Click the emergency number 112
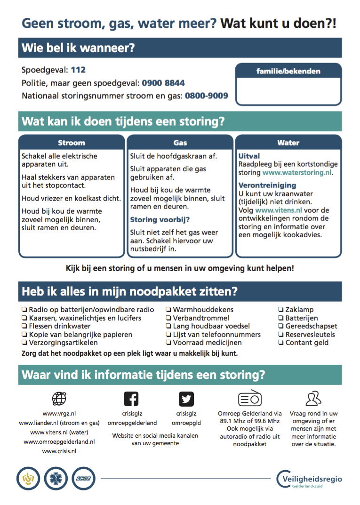click(78, 70)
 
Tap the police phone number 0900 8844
click(163, 83)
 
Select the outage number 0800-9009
click(206, 96)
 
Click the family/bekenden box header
click(288, 72)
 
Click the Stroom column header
click(72, 143)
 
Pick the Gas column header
click(180, 143)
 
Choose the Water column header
click(288, 143)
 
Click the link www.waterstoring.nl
click(297, 173)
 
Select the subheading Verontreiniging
click(267, 185)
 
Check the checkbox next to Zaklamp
click(280, 310)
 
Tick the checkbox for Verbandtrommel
click(168, 318)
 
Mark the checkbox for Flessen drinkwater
click(24, 326)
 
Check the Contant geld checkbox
click(280, 343)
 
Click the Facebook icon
click(131, 399)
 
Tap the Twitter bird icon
click(186, 399)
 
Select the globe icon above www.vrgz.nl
click(59, 399)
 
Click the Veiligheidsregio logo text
click(313, 479)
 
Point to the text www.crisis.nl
click(59, 451)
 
